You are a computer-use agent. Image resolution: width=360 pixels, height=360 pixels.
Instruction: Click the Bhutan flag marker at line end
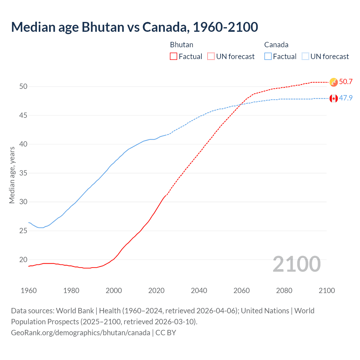(x=334, y=82)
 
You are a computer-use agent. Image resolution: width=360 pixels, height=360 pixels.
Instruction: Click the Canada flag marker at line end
(x=334, y=98)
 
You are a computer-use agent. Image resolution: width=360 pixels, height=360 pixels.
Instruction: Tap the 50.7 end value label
(x=346, y=82)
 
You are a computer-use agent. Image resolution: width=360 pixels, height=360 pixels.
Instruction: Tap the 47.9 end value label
(x=346, y=98)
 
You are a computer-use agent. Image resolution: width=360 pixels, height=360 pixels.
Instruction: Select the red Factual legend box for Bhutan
(x=174, y=57)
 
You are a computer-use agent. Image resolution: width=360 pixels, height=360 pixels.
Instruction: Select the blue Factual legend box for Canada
(x=268, y=57)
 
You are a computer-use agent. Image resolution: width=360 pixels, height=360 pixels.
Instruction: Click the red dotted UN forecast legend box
(x=211, y=57)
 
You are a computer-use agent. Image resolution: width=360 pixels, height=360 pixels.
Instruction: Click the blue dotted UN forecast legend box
(x=305, y=57)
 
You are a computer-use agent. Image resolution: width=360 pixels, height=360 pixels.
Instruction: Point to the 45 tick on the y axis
(x=23, y=115)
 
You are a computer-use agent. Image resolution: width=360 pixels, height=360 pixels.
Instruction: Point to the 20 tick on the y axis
(x=23, y=260)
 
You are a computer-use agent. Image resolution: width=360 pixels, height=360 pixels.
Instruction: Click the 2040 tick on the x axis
(x=199, y=291)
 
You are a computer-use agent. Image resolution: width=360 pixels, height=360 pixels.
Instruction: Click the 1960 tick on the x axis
(x=29, y=291)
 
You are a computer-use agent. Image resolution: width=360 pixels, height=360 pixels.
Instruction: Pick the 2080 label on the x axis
(x=284, y=291)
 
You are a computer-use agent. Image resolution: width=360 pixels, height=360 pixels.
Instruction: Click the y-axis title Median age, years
(x=12, y=175)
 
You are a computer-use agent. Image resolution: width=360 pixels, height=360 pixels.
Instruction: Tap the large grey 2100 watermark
(x=296, y=264)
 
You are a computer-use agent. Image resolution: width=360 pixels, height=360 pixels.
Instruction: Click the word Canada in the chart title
(x=164, y=27)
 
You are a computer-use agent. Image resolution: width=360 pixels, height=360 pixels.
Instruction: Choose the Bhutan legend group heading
(x=182, y=45)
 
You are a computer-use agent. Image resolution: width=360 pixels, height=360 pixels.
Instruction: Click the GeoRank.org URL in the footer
(x=80, y=333)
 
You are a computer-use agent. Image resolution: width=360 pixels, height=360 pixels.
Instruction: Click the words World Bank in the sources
(x=75, y=311)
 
